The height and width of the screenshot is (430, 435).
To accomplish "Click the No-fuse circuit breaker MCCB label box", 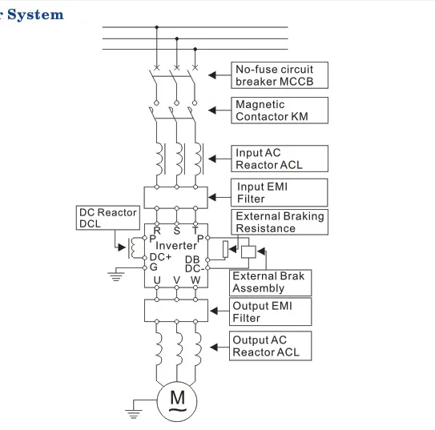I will [280, 75].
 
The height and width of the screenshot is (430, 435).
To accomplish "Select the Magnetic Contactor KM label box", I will [280, 111].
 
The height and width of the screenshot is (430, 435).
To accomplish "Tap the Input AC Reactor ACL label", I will [280, 159].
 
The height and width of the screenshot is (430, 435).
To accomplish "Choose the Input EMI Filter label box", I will [280, 193].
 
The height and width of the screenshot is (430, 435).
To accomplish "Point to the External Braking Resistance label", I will [280, 222].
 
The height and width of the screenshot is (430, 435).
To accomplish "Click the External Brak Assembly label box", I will [268, 282].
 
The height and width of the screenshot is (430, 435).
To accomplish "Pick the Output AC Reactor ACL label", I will [270, 346].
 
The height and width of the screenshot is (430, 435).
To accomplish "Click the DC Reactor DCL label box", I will [107, 219].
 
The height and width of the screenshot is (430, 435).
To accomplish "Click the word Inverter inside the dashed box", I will [176, 245].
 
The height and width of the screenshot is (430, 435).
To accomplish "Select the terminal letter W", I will [195, 279].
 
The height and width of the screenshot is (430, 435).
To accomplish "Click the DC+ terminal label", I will [160, 256].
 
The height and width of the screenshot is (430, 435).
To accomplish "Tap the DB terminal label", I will [192, 259].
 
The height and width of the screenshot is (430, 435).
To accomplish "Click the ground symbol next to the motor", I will [135, 412].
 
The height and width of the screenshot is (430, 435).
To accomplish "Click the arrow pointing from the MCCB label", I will [215, 75].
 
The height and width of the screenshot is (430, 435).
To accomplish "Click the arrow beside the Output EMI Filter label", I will [215, 311].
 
